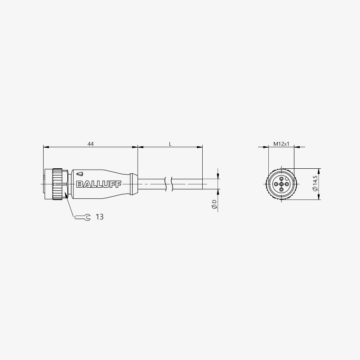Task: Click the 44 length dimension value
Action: click(x=91, y=144)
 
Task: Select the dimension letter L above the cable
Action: click(x=170, y=144)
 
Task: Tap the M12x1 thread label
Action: click(x=281, y=144)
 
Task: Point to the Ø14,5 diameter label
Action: click(x=315, y=184)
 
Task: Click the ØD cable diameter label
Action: click(x=214, y=204)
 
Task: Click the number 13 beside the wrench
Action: click(x=99, y=217)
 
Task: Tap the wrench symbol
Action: click(x=83, y=217)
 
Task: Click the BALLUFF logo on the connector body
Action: click(x=99, y=184)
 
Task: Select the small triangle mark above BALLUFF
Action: click(x=80, y=174)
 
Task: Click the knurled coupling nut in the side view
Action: click(x=57, y=184)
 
